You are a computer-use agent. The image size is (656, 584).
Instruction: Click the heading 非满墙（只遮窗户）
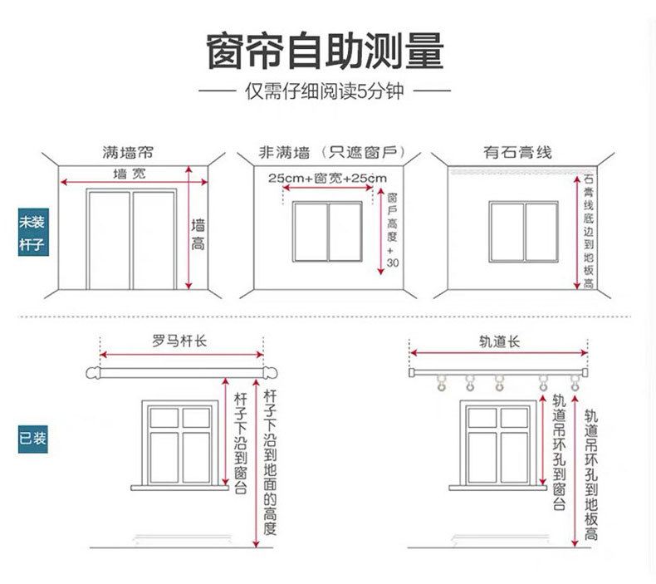pyautogui.click(x=330, y=153)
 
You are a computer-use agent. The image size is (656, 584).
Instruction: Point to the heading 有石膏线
pyautogui.click(x=517, y=153)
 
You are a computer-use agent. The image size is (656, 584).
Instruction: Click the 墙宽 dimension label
pyautogui.click(x=129, y=174)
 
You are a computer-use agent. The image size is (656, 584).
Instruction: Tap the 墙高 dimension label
pyautogui.click(x=198, y=234)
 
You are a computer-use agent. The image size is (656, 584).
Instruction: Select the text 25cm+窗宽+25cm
pyautogui.click(x=327, y=179)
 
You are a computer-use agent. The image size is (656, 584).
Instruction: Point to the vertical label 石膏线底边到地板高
pyautogui.click(x=589, y=231)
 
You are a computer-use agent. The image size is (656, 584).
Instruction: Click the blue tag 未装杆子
pyautogui.click(x=32, y=233)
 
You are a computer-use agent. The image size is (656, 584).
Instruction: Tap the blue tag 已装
pyautogui.click(x=32, y=438)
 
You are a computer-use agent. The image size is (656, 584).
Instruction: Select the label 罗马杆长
pyautogui.click(x=179, y=341)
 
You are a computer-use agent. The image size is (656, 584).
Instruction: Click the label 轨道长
pyautogui.click(x=500, y=341)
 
